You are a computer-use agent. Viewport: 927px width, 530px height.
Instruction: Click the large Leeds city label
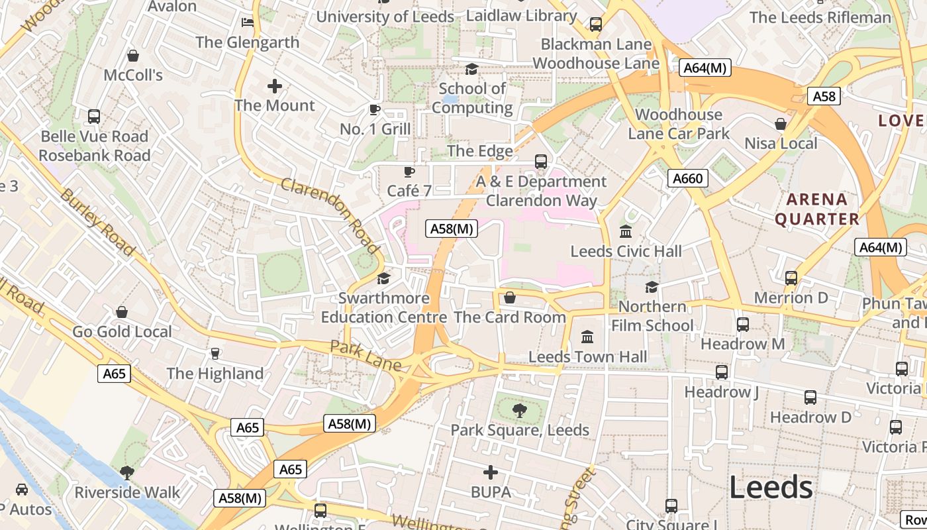(x=771, y=488)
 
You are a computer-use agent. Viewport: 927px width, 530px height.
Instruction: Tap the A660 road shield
(x=688, y=178)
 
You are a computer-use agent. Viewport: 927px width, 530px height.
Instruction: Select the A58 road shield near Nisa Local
(x=824, y=96)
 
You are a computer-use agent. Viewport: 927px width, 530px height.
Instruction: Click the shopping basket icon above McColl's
(x=132, y=56)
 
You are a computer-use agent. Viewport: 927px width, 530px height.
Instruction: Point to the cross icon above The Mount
(x=275, y=86)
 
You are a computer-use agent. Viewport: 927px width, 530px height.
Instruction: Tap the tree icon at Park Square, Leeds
(x=520, y=411)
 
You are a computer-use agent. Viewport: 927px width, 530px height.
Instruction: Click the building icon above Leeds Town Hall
(x=587, y=337)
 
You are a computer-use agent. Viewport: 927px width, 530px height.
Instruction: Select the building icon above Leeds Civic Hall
(x=626, y=232)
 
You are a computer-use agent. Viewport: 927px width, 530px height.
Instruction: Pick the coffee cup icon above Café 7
(x=409, y=172)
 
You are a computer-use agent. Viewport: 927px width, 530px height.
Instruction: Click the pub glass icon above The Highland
(x=215, y=354)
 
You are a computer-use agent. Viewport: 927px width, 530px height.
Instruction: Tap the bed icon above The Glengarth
(x=248, y=23)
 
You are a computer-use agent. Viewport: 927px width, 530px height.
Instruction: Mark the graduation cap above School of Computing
(x=471, y=69)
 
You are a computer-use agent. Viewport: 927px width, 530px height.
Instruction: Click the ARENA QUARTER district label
(x=817, y=209)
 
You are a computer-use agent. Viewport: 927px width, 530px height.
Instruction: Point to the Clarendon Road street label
(x=330, y=215)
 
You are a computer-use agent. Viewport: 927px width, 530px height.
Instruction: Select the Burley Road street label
(x=97, y=221)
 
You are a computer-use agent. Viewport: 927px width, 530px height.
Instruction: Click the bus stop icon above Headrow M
(x=742, y=324)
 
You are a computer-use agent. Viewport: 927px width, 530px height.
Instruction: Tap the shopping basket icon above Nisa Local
(x=781, y=124)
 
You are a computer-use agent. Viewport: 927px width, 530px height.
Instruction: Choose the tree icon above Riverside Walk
(x=126, y=473)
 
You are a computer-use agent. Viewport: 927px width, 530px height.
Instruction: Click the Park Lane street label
(x=365, y=356)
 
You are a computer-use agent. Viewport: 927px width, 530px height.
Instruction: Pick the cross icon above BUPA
(x=491, y=472)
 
